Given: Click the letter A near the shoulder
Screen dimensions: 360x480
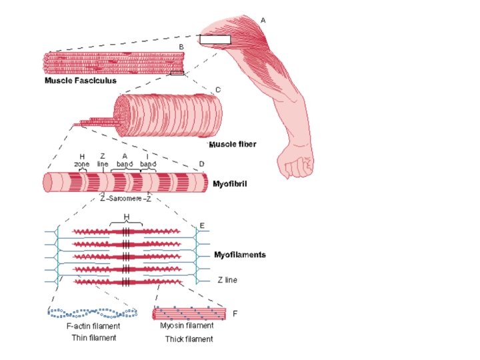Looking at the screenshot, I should tap(263, 21).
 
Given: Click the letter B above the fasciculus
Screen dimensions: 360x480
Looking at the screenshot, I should tap(181, 46).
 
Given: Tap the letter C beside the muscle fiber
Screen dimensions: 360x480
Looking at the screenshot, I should tap(218, 89).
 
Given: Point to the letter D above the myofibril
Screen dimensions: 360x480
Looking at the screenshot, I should tap(201, 164).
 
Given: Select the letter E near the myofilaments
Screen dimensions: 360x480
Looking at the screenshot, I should tap(202, 226).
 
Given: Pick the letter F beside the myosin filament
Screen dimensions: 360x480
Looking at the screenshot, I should tap(235, 313).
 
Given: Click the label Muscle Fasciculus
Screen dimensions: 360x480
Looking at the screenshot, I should tap(81, 81).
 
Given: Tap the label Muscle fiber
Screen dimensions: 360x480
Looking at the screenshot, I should tap(233, 144).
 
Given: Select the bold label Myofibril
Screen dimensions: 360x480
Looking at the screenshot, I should tap(230, 183).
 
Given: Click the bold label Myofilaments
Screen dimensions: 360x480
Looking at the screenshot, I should tap(239, 255).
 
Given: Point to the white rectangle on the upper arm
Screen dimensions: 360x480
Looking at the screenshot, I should tap(215, 39).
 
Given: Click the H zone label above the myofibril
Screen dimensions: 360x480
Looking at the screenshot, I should tap(81, 160).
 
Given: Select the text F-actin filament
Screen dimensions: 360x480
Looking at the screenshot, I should tap(93, 326).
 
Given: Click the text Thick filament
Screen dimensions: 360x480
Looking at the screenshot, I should tap(189, 339).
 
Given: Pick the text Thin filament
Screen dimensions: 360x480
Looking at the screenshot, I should tap(93, 338).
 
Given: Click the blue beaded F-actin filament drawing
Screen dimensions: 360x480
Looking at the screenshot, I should tap(93, 311).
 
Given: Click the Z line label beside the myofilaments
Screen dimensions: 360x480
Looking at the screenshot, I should tap(227, 281).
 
